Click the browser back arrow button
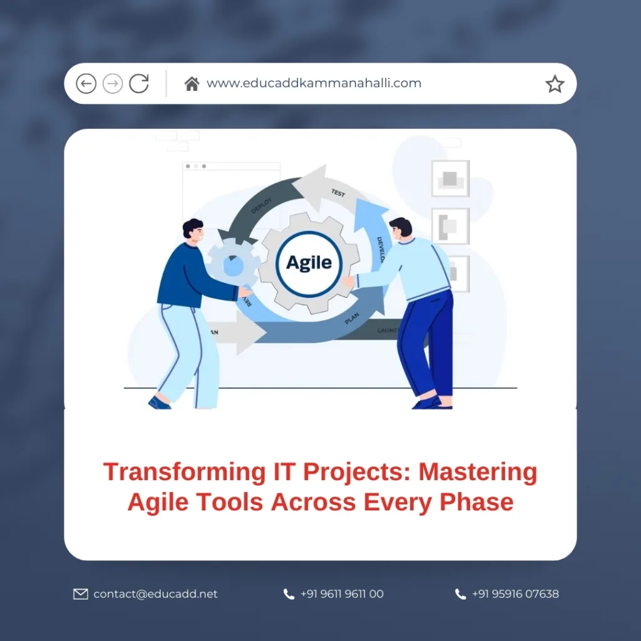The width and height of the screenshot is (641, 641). (86, 83)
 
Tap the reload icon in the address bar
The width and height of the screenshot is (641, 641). (139, 83)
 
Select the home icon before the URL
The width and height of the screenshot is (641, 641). (192, 83)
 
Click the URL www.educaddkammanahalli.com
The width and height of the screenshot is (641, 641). (314, 83)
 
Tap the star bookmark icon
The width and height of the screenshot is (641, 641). (555, 84)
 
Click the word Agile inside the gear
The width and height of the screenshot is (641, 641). (309, 262)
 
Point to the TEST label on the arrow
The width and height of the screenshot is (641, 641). (338, 193)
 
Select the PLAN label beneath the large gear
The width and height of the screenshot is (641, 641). (352, 319)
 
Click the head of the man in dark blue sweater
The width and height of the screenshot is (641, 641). (193, 231)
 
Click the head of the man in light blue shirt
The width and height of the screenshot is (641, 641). (400, 228)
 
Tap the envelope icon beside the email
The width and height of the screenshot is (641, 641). (81, 594)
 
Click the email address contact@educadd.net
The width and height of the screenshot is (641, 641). (155, 594)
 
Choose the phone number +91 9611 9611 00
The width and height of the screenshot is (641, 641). (342, 594)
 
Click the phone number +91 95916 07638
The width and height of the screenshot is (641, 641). (515, 594)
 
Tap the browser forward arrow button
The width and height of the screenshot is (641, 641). (113, 83)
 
